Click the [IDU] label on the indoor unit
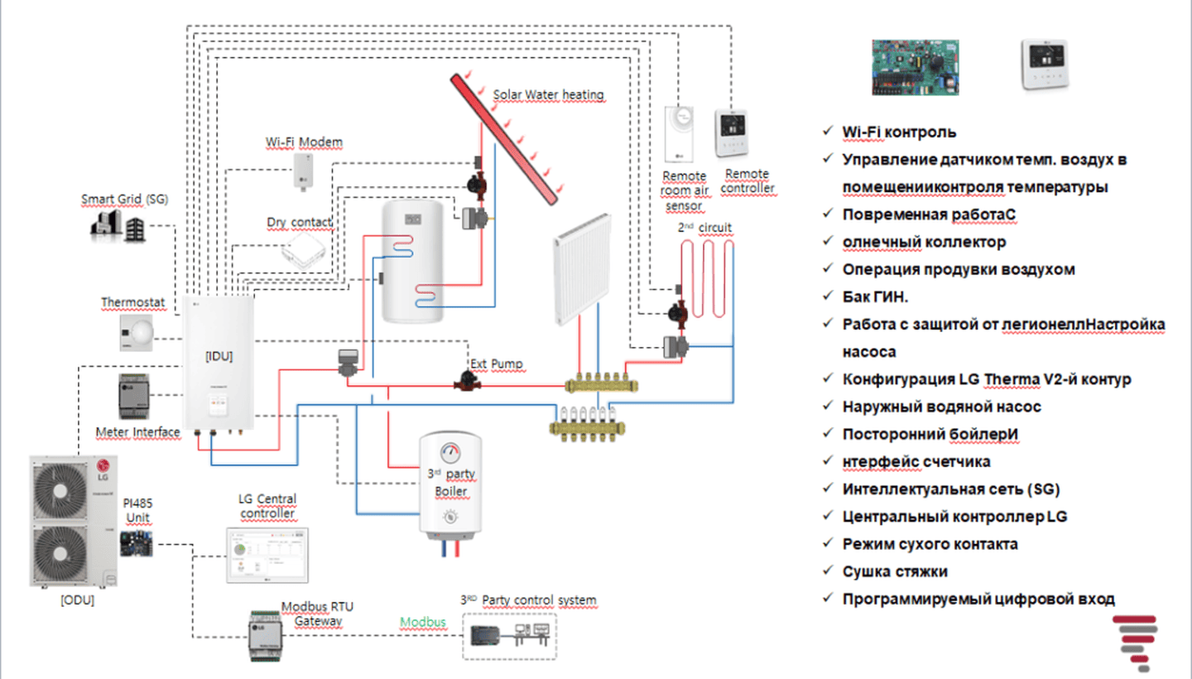click(219, 356)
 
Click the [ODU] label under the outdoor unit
click(77, 600)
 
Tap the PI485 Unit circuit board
click(137, 544)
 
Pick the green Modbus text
click(423, 622)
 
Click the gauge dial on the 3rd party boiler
click(451, 453)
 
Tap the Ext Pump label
click(497, 364)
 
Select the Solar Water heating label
click(548, 94)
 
